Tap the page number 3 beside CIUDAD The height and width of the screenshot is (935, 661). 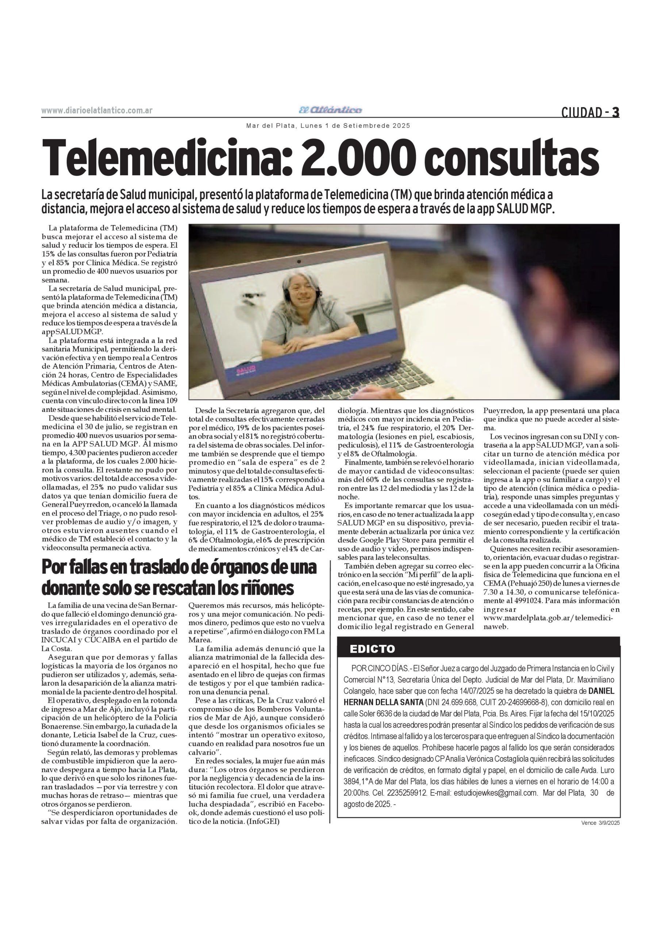coord(616,112)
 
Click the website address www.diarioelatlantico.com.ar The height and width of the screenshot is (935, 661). coord(97,110)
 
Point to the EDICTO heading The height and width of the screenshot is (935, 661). coord(372,649)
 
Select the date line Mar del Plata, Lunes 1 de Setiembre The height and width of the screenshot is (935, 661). coord(328,126)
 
